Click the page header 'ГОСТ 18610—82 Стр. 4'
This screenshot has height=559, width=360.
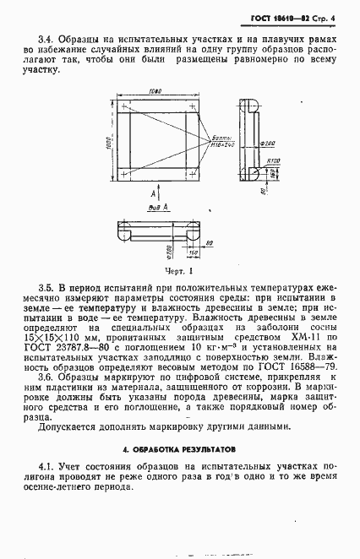coord(299,17)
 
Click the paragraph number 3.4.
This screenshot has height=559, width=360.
coord(47,39)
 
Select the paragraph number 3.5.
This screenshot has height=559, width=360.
coord(47,289)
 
